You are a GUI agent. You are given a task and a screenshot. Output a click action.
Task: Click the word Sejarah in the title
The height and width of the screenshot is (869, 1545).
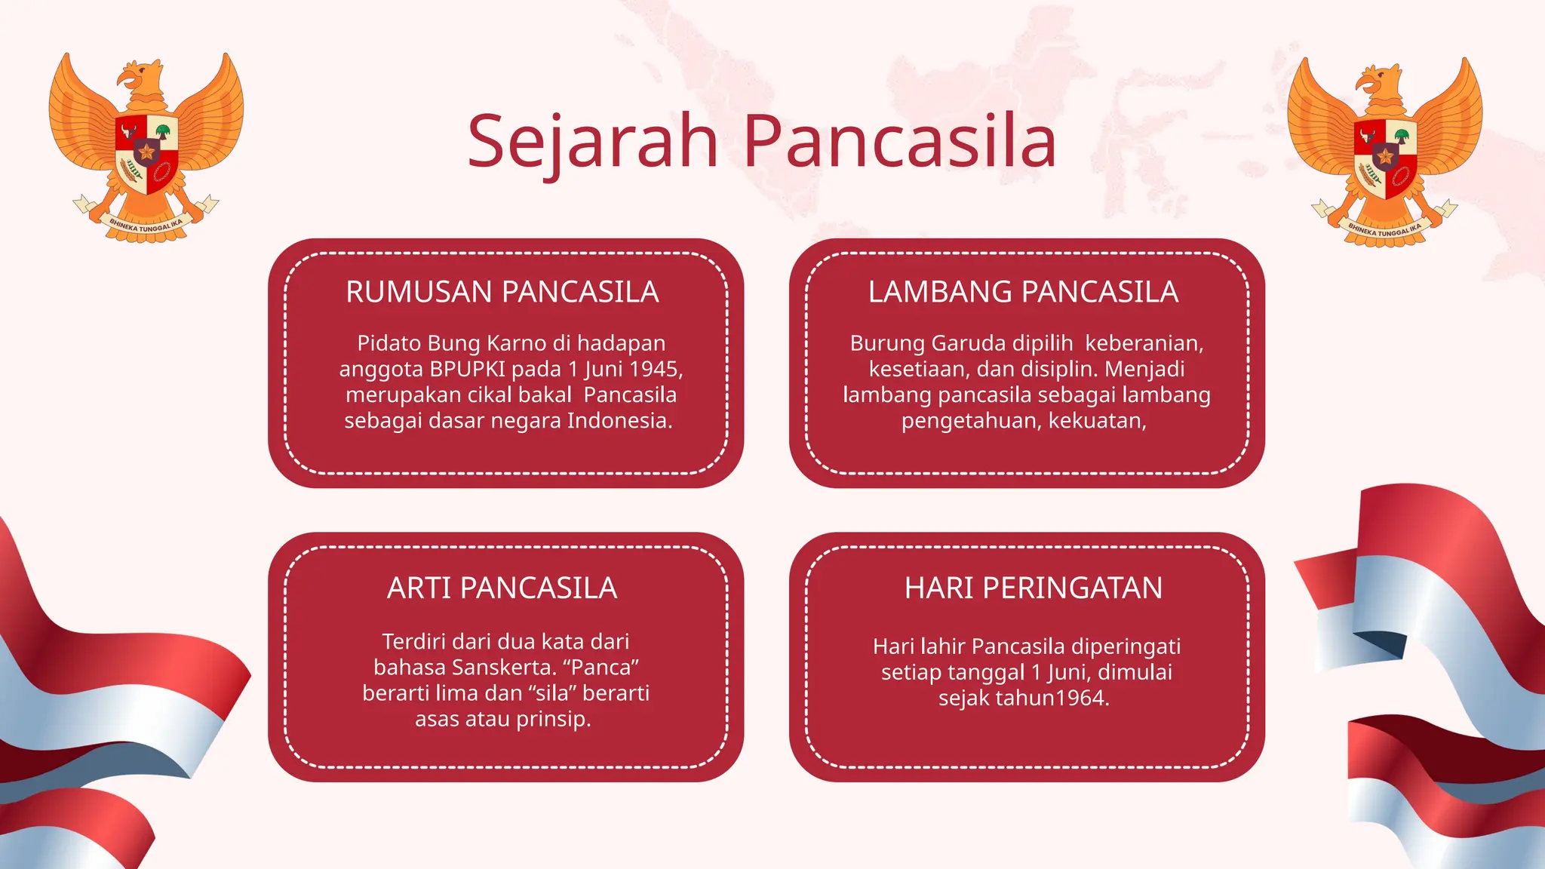593,141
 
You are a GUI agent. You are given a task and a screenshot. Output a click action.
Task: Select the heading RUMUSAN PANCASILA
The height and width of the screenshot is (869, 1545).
502,292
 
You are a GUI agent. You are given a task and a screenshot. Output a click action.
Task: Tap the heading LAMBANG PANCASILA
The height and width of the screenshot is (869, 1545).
1023,292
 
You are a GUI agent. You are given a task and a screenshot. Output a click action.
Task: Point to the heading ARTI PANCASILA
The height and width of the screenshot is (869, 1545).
502,588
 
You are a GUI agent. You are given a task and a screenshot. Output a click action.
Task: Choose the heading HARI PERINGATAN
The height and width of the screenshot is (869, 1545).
1034,588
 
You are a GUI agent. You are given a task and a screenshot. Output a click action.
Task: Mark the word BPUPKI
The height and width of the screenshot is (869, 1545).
468,369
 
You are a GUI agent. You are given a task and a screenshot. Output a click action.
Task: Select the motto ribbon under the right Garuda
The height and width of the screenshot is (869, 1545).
1385,229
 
